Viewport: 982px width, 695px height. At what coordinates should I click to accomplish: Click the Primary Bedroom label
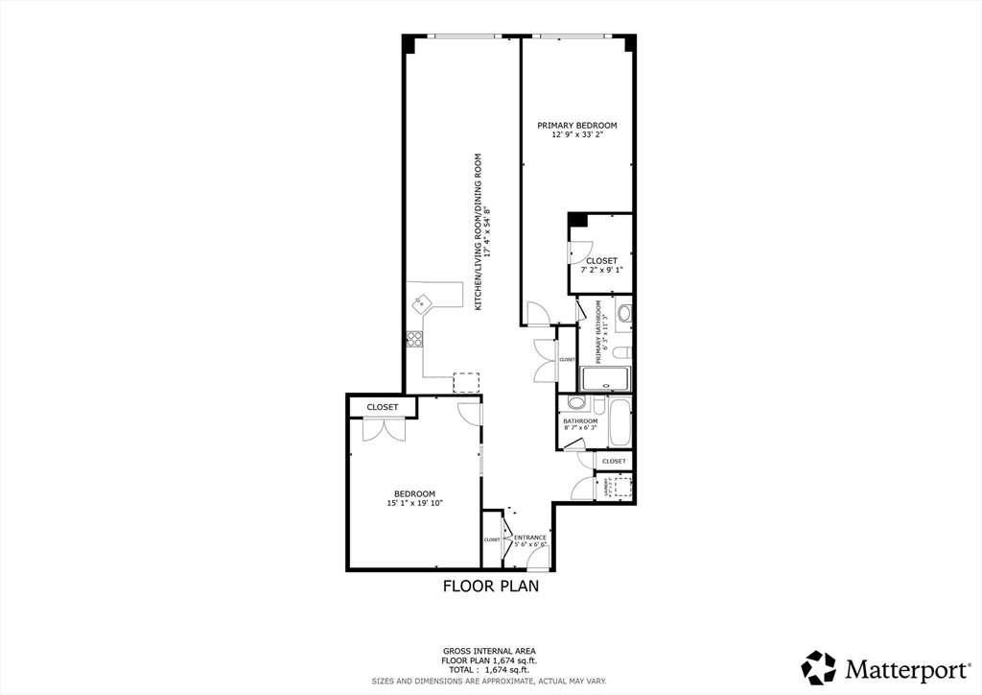(x=576, y=126)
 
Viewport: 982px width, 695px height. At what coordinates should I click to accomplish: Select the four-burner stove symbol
(x=414, y=338)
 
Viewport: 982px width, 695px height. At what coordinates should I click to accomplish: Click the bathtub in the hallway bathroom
(x=620, y=422)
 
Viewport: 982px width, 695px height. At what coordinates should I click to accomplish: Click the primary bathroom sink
(x=623, y=312)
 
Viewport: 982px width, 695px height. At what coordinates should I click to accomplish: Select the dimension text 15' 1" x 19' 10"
(x=414, y=503)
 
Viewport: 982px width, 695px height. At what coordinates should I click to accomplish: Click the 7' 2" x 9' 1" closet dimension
(x=601, y=270)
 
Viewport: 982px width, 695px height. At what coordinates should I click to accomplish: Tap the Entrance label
(x=530, y=538)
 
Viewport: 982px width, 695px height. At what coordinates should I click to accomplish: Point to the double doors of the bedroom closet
(x=384, y=430)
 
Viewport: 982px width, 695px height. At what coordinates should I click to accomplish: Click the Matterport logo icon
(x=818, y=667)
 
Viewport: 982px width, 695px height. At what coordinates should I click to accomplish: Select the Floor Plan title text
(x=490, y=586)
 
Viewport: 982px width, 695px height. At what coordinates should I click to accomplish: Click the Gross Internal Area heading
(x=489, y=651)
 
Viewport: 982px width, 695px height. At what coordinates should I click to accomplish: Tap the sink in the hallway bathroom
(x=575, y=403)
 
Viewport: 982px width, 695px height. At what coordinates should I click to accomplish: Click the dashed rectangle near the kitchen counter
(x=466, y=382)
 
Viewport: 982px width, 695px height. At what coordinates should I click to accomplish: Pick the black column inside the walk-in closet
(x=577, y=220)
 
